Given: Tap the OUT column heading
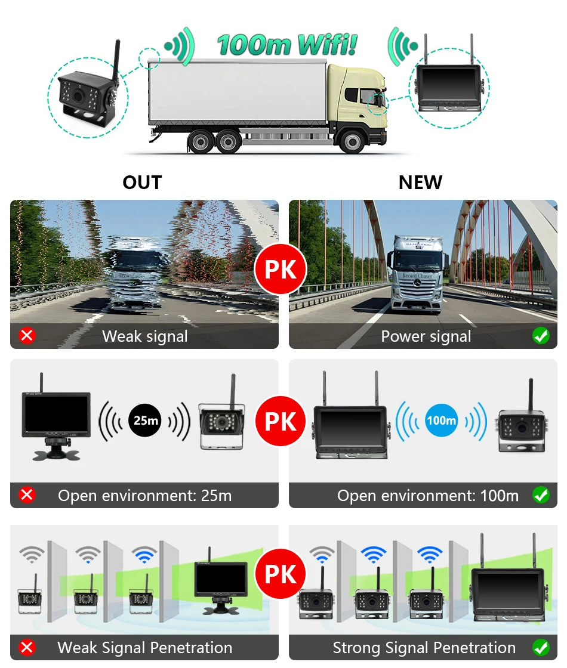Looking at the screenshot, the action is coord(142,183).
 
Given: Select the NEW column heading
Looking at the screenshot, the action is coord(421,183).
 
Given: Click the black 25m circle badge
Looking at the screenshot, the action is coord(144,420).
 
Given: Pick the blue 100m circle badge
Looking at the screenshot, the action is coord(441,420).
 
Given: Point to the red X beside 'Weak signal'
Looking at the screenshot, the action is coord(27,336).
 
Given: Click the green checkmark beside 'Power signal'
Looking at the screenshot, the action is coord(541,336).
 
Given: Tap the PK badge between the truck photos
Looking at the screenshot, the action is coord(281,269).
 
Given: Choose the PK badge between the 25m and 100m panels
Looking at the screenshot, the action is coord(281,422).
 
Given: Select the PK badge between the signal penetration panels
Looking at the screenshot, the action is coord(281,575).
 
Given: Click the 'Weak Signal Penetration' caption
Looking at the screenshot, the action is coord(145,648).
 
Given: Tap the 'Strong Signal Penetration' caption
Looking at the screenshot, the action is coord(424,648).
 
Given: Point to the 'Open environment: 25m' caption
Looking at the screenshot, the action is coord(145,495).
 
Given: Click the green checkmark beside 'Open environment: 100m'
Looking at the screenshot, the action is coord(541,495).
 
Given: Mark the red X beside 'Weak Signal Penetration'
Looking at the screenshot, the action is coord(27,648).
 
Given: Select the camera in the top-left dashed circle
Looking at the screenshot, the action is coord(87,96).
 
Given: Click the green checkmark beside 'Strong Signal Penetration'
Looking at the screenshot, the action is coord(541,648).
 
